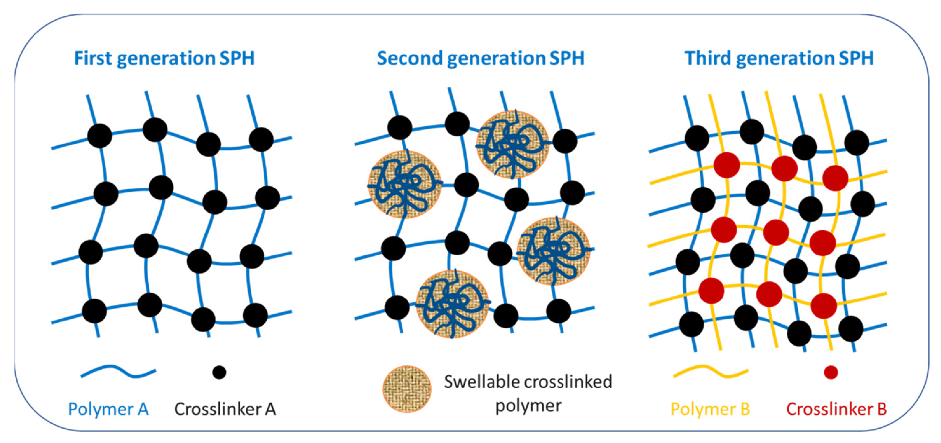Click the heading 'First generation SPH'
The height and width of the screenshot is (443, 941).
click(x=164, y=58)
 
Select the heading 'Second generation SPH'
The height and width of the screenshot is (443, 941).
click(x=480, y=58)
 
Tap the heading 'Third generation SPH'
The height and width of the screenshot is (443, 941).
click(x=779, y=58)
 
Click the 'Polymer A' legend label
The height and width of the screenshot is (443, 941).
click(x=108, y=409)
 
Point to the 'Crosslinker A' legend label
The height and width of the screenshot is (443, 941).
click(x=225, y=409)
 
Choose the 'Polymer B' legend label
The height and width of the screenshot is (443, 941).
click(x=710, y=409)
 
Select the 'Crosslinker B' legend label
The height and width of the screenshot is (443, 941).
click(x=836, y=409)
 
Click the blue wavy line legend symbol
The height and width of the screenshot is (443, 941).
click(x=118, y=372)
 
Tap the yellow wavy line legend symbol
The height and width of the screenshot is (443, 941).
click(x=710, y=372)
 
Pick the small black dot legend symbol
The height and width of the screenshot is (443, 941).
click(x=219, y=372)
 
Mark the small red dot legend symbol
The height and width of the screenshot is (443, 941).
click(x=831, y=372)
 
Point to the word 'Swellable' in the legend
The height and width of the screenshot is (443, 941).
click(x=475, y=382)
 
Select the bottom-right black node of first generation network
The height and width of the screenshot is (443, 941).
click(x=255, y=315)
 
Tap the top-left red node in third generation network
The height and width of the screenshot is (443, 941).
click(x=726, y=165)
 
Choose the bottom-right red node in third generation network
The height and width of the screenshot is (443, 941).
click(x=823, y=305)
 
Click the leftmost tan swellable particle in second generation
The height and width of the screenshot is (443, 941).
click(x=404, y=185)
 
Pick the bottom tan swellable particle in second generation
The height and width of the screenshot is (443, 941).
click(x=452, y=304)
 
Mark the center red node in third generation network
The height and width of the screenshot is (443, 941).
click(x=776, y=232)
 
